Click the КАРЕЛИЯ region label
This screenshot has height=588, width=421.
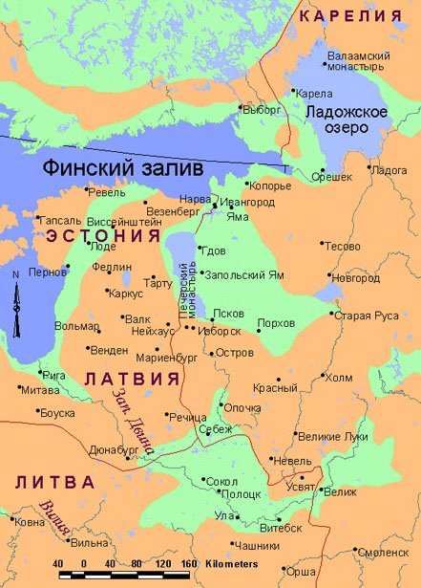tap(349, 16)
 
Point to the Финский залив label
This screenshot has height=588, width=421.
tap(123, 168)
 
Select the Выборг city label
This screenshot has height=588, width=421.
tap(262, 110)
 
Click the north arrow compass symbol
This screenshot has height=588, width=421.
tap(16, 304)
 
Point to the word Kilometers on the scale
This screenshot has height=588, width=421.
tap(228, 564)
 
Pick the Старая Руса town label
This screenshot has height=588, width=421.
tap(371, 315)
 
